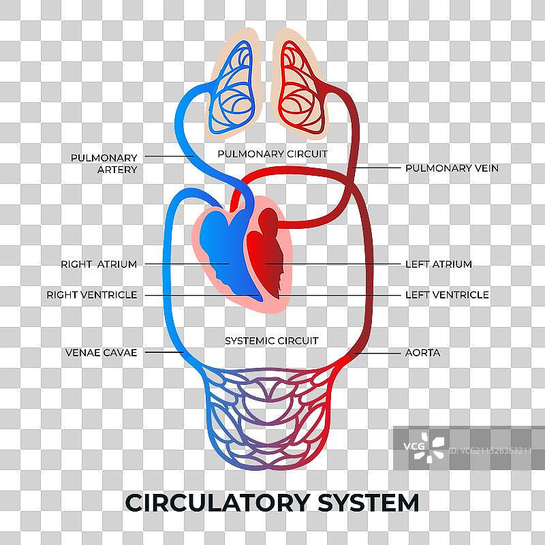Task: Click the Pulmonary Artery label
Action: point(104,163)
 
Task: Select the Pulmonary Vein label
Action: point(452,168)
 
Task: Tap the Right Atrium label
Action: point(99,264)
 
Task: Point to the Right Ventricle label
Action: point(92,295)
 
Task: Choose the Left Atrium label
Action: point(438,264)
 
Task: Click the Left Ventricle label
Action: point(447,295)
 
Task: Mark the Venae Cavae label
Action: point(102,353)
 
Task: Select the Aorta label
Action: point(422,353)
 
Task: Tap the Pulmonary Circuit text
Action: point(272,154)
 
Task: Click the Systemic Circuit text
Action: point(272,340)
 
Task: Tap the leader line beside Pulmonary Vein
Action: point(378,168)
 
